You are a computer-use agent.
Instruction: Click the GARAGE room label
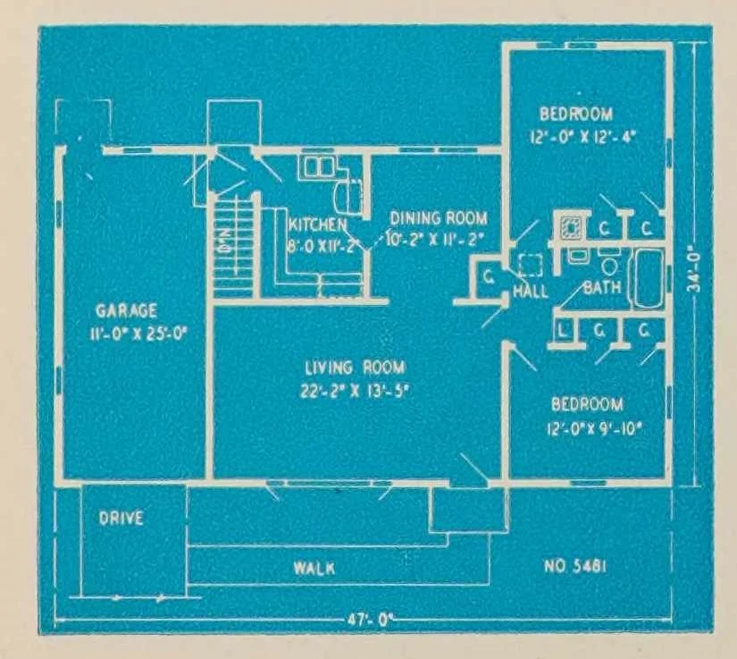pyautogui.click(x=127, y=310)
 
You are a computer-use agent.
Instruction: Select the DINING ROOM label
pyautogui.click(x=438, y=217)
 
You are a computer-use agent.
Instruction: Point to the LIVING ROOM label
pyautogui.click(x=355, y=368)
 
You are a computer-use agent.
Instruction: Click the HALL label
pyautogui.click(x=531, y=292)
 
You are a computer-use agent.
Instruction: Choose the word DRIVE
pyautogui.click(x=121, y=519)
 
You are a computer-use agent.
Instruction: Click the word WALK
pyautogui.click(x=314, y=567)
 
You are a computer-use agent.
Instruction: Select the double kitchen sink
pyautogui.click(x=315, y=166)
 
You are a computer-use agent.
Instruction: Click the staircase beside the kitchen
pyautogui.click(x=233, y=246)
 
